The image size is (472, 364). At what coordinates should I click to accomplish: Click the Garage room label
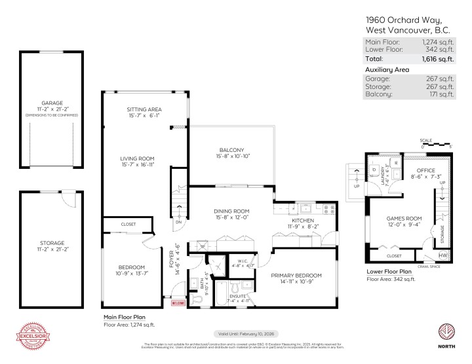[x=52, y=103]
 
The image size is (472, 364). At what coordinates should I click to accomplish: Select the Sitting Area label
[x=144, y=109]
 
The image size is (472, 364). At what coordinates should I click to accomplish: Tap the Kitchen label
[x=305, y=221]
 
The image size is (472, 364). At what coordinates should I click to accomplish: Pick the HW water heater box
[x=444, y=255]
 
